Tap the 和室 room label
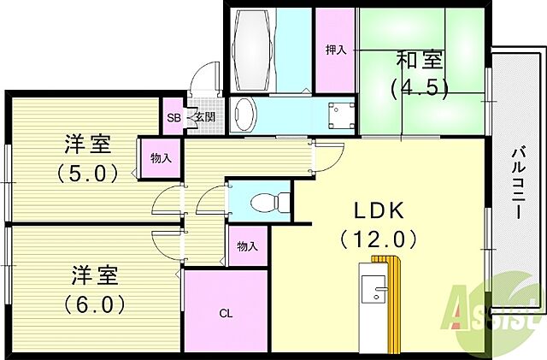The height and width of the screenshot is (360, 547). tap(419, 61)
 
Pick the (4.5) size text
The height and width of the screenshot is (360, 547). tap(419, 88)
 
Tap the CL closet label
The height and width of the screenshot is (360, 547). tap(226, 313)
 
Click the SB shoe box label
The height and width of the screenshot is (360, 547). tap(174, 118)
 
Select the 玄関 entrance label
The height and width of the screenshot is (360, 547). tap(203, 118)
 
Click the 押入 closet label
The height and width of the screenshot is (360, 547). tap(335, 50)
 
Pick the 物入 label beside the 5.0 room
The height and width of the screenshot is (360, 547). tap(161, 158)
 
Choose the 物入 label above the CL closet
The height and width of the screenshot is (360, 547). tap(247, 247)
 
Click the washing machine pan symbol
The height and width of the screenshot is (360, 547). tap(344, 114)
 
